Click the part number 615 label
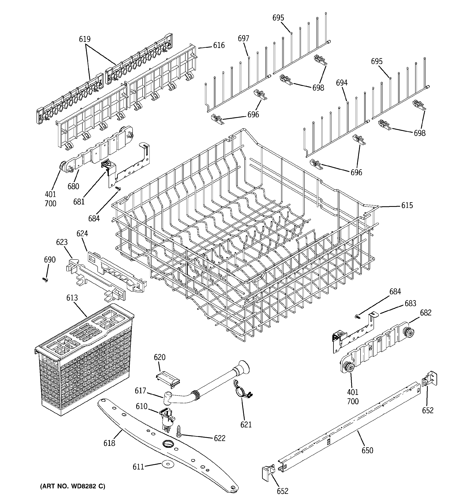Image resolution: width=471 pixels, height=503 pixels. coord(407,205)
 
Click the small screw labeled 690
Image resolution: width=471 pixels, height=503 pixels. coord(45,279)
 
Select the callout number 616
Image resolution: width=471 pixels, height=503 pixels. coord(219,45)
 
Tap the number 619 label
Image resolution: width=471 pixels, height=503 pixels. coord(85,39)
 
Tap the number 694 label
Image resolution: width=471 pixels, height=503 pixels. coord(342,83)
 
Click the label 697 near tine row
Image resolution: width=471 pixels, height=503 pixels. coord(243,38)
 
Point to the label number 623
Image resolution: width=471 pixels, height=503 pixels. coord(62,242)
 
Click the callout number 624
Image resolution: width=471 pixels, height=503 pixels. coord(82,233)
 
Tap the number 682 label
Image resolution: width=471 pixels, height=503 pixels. coord(426,313)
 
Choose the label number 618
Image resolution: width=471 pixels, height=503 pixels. coord(109,443)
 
